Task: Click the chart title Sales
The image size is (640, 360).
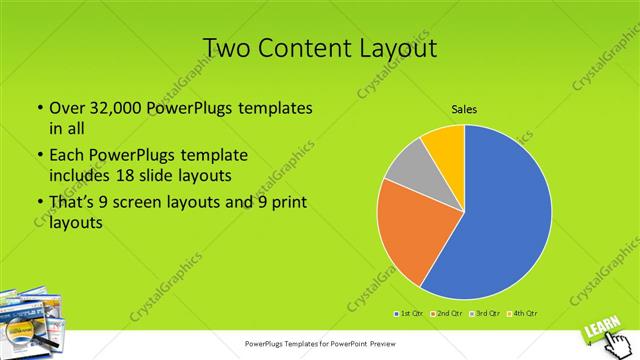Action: tap(464, 109)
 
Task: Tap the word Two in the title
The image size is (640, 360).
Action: tap(228, 49)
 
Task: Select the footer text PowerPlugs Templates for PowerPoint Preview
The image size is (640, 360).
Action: tap(319, 342)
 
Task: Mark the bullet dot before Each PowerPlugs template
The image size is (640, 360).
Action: tap(39, 156)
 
